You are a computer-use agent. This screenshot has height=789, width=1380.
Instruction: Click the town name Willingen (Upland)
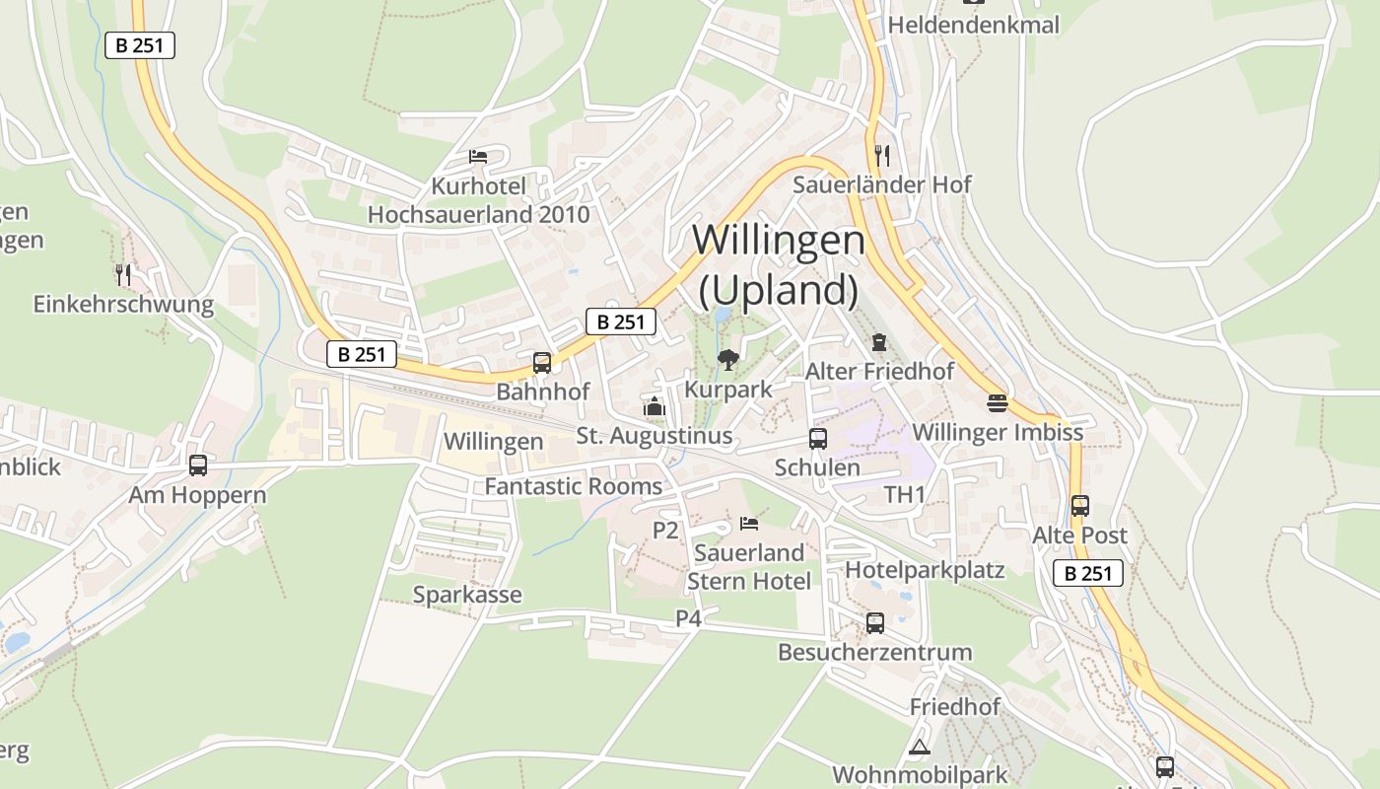pyautogui.click(x=779, y=264)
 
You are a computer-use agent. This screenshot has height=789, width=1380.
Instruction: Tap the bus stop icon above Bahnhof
pyautogui.click(x=541, y=362)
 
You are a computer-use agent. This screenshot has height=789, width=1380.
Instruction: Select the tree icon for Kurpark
pyautogui.click(x=728, y=360)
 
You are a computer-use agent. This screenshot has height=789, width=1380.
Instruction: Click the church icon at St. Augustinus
pyautogui.click(x=654, y=406)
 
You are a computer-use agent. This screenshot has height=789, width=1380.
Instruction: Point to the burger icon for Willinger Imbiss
pyautogui.click(x=997, y=403)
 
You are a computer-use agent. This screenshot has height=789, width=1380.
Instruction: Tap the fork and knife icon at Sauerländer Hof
pyautogui.click(x=882, y=155)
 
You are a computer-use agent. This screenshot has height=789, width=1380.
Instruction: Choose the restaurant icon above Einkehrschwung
pyautogui.click(x=123, y=274)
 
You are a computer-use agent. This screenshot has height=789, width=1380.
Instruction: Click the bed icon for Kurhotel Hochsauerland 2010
pyautogui.click(x=478, y=157)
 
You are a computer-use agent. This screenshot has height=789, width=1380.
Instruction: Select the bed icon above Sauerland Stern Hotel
pyautogui.click(x=749, y=523)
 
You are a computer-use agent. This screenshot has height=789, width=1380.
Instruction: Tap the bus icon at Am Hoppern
pyautogui.click(x=198, y=465)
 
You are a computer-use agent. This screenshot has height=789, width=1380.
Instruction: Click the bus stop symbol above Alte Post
pyautogui.click(x=1079, y=506)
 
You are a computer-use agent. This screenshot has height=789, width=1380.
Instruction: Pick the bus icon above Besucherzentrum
pyautogui.click(x=874, y=622)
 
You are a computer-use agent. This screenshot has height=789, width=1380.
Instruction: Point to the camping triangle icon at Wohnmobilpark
pyautogui.click(x=920, y=747)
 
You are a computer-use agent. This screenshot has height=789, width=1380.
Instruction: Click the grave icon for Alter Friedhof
pyautogui.click(x=878, y=342)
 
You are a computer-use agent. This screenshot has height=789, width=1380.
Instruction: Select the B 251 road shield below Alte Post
pyautogui.click(x=1088, y=573)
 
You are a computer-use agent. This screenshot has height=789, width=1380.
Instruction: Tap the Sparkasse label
pyautogui.click(x=467, y=595)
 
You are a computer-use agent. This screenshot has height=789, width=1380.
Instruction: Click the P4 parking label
pyautogui.click(x=688, y=618)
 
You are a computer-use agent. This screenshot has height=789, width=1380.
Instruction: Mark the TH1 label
pyautogui.click(x=904, y=494)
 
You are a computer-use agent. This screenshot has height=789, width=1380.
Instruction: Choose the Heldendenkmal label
pyautogui.click(x=974, y=25)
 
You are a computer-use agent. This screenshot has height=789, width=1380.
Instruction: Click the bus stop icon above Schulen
pyautogui.click(x=817, y=439)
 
